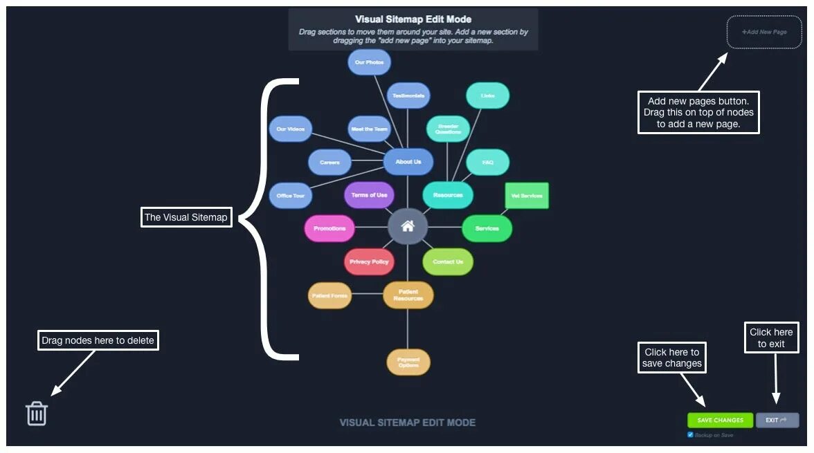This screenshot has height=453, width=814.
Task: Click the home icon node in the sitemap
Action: click(x=408, y=226)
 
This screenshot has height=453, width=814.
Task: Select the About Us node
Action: click(x=408, y=162)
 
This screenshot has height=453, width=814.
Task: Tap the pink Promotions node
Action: click(x=329, y=228)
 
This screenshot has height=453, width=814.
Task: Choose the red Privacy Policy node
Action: click(x=369, y=261)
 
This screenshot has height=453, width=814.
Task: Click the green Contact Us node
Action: click(x=448, y=261)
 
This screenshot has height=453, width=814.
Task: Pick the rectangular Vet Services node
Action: click(x=527, y=196)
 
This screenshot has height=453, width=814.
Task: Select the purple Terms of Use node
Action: click(x=369, y=195)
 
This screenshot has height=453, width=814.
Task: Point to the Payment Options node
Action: click(x=408, y=362)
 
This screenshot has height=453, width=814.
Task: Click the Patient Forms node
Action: click(x=329, y=295)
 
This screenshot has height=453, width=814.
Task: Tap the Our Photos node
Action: click(x=369, y=62)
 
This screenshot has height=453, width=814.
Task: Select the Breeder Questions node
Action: click(x=448, y=129)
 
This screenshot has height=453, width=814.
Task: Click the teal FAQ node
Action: click(x=487, y=163)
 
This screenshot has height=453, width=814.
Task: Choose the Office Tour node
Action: click(x=291, y=196)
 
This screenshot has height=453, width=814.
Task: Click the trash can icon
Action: click(x=37, y=414)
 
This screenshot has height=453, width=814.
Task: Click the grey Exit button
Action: click(x=777, y=420)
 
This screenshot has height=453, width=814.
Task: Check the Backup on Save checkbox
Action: click(x=690, y=435)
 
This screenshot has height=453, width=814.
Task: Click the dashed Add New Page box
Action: click(x=763, y=33)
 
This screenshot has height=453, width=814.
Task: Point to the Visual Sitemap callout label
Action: click(x=186, y=217)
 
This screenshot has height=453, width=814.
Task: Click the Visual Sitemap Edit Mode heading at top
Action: click(x=413, y=19)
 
